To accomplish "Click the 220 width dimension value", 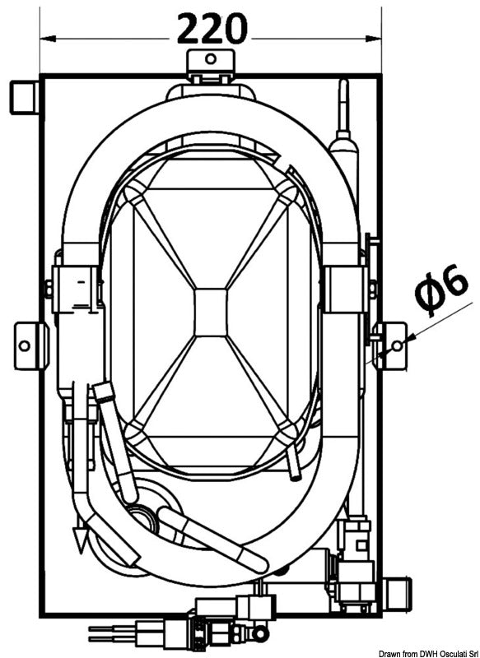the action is (x=212, y=29).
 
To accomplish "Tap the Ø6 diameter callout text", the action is (x=441, y=290).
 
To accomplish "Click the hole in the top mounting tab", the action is (x=211, y=58).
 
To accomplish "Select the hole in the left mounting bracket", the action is (x=25, y=346).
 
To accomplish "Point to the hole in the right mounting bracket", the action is (x=397, y=345).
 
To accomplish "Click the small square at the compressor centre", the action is (x=211, y=313).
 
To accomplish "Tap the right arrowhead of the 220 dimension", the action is (x=373, y=39).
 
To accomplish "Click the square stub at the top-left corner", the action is (x=24, y=98).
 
